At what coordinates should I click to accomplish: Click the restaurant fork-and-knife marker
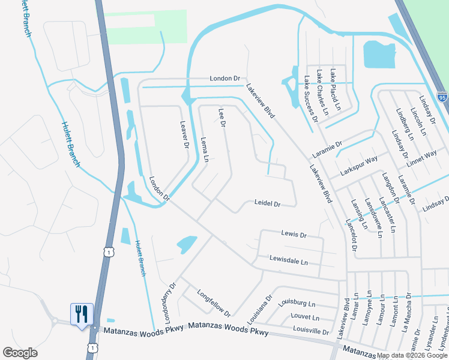(x=82, y=314)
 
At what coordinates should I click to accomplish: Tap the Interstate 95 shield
(x=442, y=97)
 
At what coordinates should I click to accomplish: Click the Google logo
(x=20, y=353)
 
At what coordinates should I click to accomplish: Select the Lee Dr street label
(x=221, y=118)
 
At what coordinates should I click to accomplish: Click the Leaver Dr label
(x=184, y=135)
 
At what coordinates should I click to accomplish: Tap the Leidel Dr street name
(x=268, y=204)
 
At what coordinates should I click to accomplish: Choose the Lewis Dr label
(x=294, y=234)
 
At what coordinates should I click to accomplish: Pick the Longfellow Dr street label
(x=214, y=304)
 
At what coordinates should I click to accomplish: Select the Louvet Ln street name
(x=304, y=317)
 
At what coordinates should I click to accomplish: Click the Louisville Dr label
(x=311, y=331)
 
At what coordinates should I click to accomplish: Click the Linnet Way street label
(x=422, y=157)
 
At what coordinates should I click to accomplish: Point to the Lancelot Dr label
(x=351, y=234)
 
